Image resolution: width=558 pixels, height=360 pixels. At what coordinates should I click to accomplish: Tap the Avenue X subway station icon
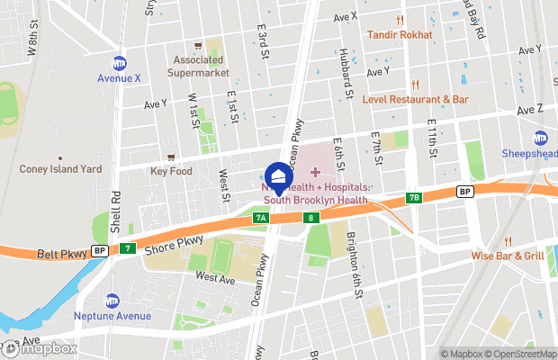pos(119,63)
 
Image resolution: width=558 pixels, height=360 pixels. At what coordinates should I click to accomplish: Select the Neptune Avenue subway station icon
pos(112,301)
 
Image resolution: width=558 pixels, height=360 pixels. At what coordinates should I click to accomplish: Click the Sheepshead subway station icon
pos(541,138)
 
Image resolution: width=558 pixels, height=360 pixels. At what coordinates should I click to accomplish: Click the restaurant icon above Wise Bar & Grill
pos(508,240)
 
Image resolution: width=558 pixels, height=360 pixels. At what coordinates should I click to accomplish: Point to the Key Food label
pos(171,170)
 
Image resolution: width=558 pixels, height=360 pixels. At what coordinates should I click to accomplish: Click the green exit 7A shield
pos(261,218)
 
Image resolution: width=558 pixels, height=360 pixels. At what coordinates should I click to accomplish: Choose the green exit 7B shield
pos(413,197)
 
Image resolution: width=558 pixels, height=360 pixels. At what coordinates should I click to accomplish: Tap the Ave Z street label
pos(530,109)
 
